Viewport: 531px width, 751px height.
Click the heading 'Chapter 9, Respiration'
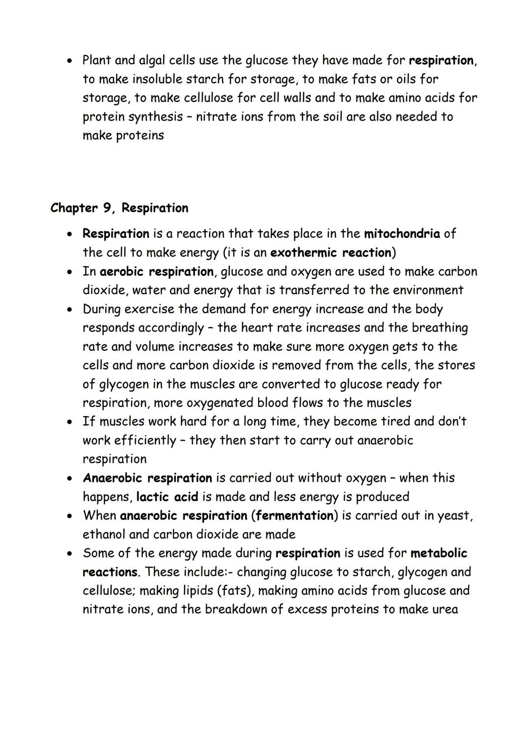pyautogui.click(x=119, y=208)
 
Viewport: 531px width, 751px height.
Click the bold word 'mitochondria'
pyautogui.click(x=402, y=234)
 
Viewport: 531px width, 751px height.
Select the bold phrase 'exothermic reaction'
pyautogui.click(x=331, y=253)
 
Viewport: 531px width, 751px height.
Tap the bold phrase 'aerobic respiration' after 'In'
pyautogui.click(x=156, y=271)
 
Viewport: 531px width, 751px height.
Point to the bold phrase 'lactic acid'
pyautogui.click(x=167, y=497)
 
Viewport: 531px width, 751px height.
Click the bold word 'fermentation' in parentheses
pyautogui.click(x=295, y=516)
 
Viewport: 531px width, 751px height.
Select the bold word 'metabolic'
pyautogui.click(x=439, y=553)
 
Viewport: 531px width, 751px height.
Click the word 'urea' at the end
pyautogui.click(x=444, y=609)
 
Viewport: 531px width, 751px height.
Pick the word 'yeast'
pyautogui.click(x=454, y=516)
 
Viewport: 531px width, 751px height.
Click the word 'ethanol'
pyautogui.click(x=106, y=535)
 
